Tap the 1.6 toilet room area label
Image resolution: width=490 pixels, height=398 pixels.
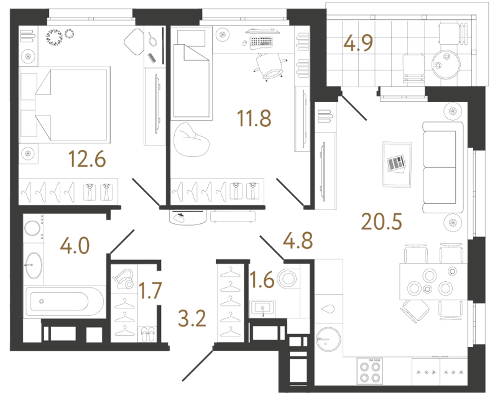click(261, 278)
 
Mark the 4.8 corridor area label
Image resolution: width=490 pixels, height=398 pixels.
click(297, 238)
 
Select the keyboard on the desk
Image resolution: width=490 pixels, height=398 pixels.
click(261, 42)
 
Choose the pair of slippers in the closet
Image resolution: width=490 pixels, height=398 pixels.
click(148, 334)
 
